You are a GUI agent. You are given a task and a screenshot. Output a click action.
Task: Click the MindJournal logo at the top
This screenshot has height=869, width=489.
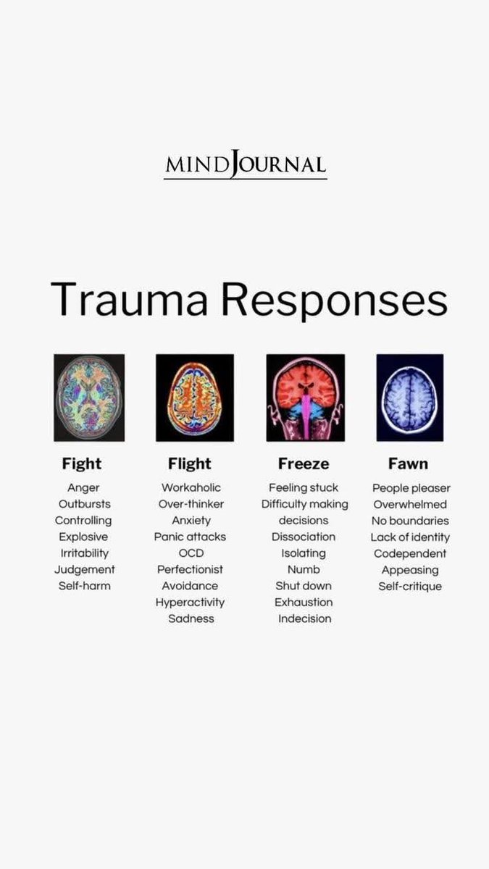245,164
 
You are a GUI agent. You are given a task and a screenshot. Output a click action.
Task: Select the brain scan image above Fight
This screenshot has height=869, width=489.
89,398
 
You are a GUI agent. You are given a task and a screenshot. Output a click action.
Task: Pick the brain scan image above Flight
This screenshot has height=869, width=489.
194,398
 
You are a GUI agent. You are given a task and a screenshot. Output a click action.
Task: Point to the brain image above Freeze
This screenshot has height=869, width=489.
305,398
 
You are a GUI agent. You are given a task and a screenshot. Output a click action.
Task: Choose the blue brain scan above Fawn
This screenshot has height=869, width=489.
409,398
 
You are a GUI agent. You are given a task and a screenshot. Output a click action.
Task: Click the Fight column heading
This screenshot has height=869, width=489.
82,463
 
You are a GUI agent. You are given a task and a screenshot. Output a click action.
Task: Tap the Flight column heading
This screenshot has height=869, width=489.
190,463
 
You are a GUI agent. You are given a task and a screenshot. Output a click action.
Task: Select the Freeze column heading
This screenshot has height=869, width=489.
304,463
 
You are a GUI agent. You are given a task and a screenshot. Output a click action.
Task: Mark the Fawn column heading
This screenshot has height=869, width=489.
408,463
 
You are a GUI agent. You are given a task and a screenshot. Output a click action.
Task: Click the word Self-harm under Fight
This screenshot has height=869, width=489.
83,586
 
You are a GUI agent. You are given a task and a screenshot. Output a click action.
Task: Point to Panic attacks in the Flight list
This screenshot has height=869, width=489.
190,537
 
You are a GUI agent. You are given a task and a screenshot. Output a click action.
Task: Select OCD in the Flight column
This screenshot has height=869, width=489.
191,553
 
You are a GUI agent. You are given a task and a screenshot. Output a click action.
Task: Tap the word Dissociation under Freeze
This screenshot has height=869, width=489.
304,537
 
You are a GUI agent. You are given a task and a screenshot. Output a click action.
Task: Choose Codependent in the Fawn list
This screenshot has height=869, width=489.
410,553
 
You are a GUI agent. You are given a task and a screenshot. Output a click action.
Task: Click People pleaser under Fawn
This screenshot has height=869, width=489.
411,488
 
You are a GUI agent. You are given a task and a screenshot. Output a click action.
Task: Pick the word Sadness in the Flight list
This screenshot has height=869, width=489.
191,618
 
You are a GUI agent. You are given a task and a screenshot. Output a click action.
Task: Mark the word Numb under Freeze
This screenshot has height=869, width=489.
304,569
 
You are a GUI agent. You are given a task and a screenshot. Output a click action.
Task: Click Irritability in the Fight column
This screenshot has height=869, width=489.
83,553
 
